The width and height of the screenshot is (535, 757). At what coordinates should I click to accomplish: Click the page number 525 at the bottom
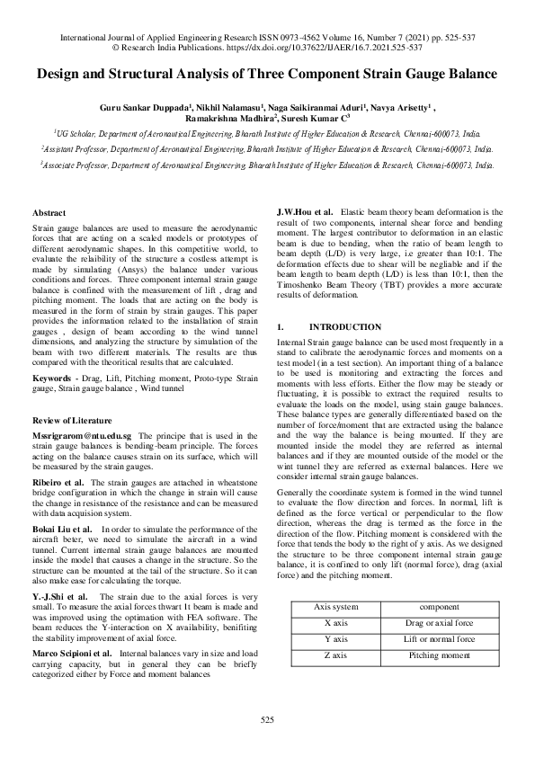pos(267,720)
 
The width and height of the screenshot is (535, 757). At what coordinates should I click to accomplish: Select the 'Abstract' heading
pos(49,212)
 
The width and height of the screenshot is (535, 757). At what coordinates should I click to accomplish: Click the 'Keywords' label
pos(55,379)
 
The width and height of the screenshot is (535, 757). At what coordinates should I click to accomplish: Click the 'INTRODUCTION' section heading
pos(344,327)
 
